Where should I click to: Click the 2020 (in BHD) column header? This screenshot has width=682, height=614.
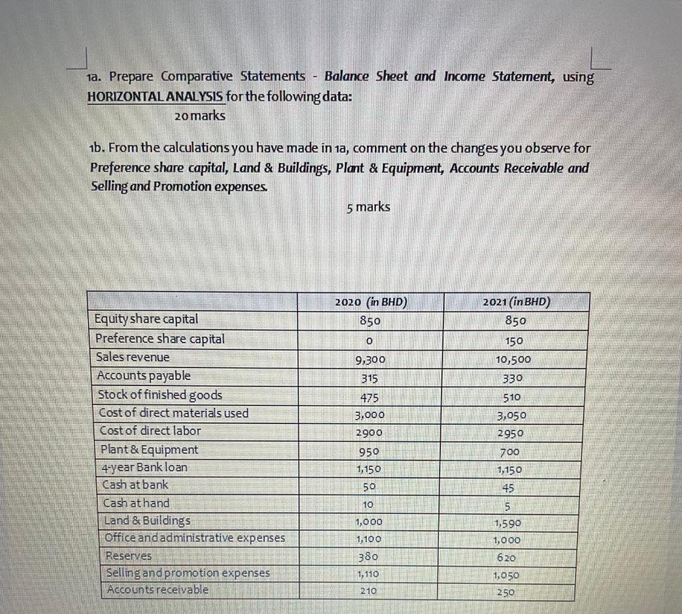(x=371, y=301)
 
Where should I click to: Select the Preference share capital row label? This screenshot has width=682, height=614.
(x=161, y=338)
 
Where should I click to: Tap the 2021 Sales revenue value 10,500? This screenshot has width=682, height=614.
(x=514, y=360)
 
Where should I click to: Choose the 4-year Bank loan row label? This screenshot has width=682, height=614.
(x=143, y=467)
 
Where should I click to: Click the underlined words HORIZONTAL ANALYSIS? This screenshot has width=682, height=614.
(x=156, y=96)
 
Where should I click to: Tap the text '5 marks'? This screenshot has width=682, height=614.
(x=368, y=207)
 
